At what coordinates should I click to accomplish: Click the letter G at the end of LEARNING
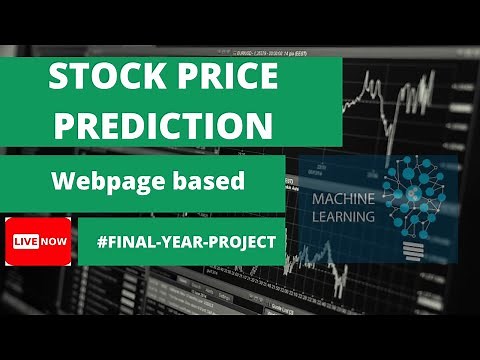point(369,216)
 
